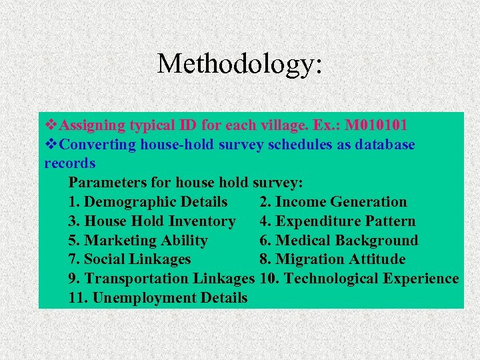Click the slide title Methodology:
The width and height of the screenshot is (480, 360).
point(240,64)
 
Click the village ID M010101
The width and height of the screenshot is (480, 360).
point(376,125)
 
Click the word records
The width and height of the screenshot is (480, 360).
point(70,163)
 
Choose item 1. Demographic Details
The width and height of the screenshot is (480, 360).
point(147,202)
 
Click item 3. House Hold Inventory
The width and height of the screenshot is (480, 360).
point(152,221)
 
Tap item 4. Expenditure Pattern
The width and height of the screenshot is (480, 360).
point(337,221)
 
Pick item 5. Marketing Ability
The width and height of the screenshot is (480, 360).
point(138,241)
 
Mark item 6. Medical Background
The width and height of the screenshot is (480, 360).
point(339,241)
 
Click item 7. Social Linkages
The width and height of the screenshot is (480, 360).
point(129,259)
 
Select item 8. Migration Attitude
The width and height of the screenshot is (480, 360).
point(332,259)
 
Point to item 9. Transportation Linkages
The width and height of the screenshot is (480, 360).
point(161,279)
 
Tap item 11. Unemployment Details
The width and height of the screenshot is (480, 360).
point(157,298)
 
